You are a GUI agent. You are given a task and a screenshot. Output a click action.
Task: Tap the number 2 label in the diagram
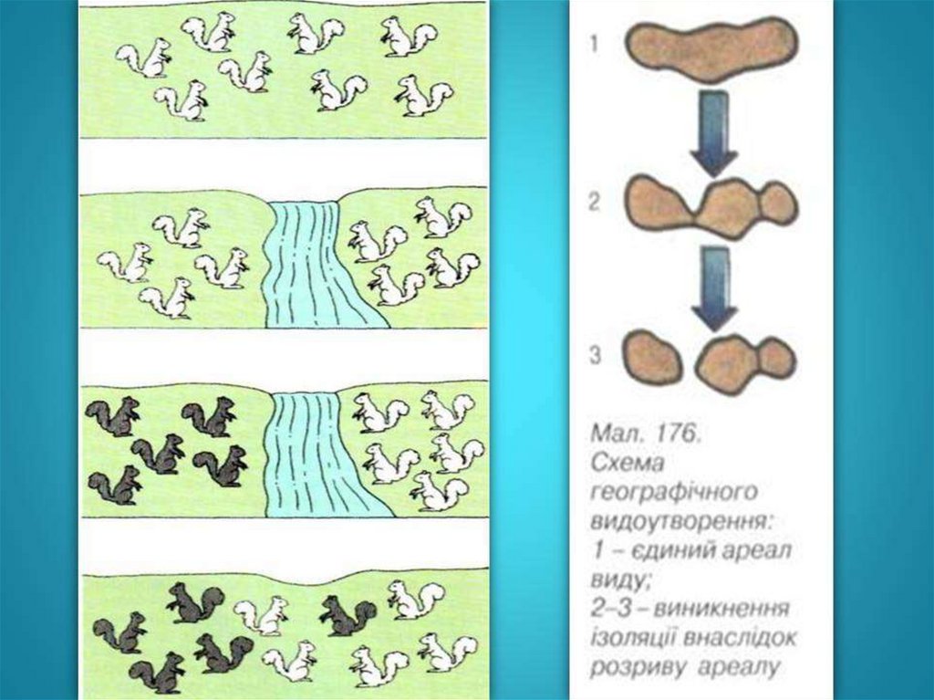tap(595, 203)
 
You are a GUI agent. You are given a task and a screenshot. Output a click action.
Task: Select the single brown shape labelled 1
tap(712, 48)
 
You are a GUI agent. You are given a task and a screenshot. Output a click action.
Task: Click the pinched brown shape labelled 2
tap(711, 206)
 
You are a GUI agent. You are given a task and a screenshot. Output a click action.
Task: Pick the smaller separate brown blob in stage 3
tap(652, 357)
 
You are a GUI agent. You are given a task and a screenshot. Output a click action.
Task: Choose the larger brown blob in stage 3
tap(744, 360)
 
